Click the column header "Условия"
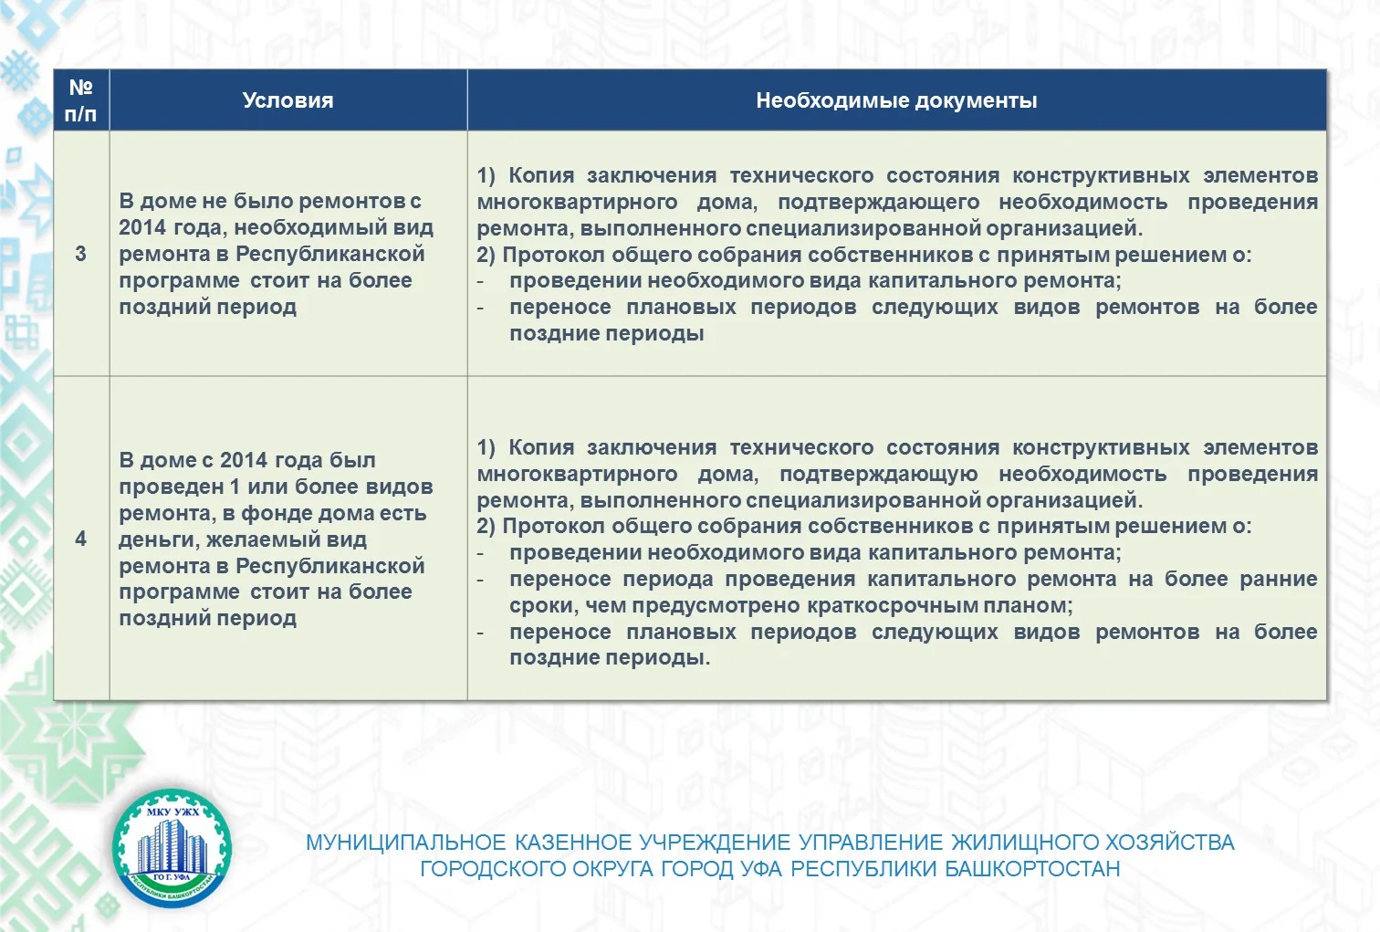point(287,100)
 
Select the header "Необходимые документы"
point(896,100)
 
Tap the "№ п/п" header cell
point(81,100)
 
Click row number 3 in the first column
point(81,254)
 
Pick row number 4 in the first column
point(81,539)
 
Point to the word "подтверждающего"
point(878,202)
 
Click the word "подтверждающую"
point(878,474)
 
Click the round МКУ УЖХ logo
point(172,849)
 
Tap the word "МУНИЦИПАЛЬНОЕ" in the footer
point(405,843)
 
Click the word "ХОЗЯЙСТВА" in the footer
point(1170,843)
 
